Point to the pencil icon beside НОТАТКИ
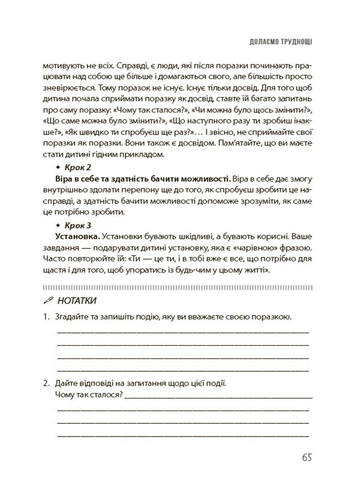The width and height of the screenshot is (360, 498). [x=48, y=300]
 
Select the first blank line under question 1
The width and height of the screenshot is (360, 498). [x=183, y=331]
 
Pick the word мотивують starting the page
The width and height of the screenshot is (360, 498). [x=61, y=63]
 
